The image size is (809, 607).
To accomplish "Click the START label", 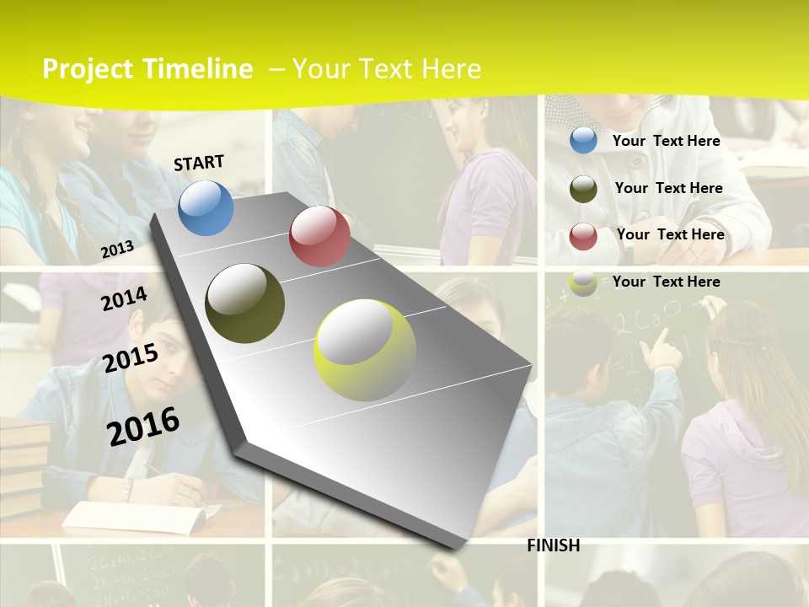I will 199,163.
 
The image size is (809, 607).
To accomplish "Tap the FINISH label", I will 554,545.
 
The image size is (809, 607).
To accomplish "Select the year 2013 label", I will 117,249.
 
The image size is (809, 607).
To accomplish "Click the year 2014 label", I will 124,298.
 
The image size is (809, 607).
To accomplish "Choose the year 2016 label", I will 143,425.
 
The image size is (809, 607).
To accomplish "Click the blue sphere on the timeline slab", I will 206,207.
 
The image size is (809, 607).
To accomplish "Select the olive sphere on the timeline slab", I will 245,303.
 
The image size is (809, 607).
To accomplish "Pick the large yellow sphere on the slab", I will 365,350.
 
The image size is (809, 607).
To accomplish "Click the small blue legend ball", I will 583,140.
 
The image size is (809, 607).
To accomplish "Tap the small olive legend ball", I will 583,189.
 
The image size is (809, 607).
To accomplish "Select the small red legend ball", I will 583,236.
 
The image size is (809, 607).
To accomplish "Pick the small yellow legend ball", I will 583,283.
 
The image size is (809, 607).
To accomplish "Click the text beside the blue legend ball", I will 666,141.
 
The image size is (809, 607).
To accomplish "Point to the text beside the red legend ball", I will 670,234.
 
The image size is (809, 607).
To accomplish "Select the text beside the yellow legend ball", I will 666,282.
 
